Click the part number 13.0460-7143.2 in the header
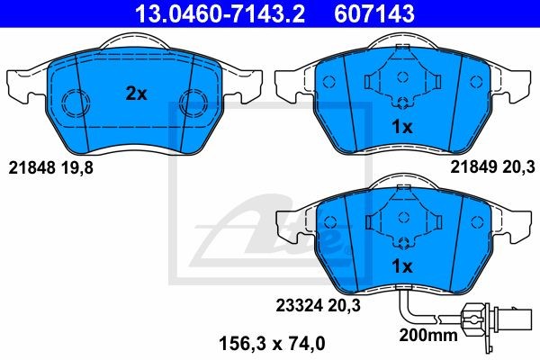tap(220, 13)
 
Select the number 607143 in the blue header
tap(374, 13)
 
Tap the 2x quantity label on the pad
tap(137, 94)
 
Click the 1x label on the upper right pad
tap(402, 128)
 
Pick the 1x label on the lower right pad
tap(402, 266)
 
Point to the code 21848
tap(31, 168)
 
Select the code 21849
tap(474, 167)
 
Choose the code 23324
tap(299, 306)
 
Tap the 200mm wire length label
tap(428, 335)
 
